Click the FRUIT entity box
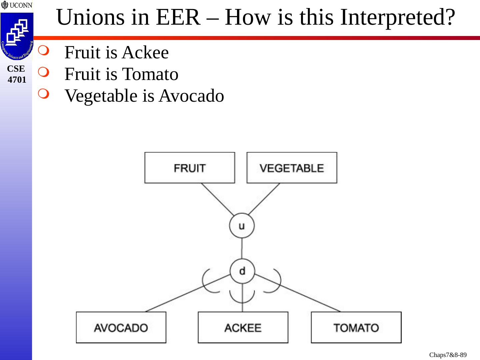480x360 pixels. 189,168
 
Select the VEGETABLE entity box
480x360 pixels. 292,168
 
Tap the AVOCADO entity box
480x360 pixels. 121,327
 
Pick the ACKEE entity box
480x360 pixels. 243,327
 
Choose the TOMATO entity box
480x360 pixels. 356,327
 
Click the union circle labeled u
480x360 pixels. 242,226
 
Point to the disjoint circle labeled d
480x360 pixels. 242,271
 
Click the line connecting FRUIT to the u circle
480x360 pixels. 217,199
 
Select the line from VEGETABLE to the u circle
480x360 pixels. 264,199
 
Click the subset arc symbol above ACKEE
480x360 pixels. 242,297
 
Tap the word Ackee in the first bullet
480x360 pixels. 145,52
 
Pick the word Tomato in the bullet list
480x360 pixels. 150,74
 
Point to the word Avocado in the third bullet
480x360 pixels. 191,96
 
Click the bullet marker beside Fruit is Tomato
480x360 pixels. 43,72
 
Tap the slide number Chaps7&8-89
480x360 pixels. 448,355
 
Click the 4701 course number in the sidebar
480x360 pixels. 17,80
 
